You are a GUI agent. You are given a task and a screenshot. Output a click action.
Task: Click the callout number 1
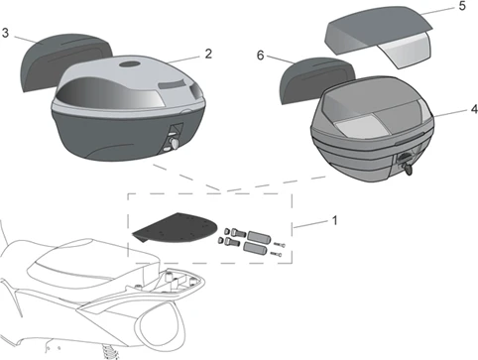[334, 220]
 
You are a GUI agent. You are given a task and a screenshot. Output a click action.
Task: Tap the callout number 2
[208, 54]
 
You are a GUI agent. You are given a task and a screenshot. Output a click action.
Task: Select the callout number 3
[5, 33]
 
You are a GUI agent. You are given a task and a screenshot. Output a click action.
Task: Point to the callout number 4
[474, 109]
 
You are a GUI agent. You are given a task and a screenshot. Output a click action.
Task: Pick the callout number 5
[462, 6]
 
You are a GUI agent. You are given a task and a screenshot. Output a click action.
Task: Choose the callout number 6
[261, 56]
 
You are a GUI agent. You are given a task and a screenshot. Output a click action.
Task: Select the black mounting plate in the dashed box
[177, 227]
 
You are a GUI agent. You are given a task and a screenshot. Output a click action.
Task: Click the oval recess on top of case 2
[130, 64]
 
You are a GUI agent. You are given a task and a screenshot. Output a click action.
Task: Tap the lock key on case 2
[174, 143]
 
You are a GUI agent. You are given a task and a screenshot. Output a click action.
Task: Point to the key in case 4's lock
[408, 170]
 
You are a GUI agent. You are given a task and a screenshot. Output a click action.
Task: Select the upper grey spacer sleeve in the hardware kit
[259, 236]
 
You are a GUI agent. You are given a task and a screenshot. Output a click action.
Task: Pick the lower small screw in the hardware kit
[276, 254]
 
